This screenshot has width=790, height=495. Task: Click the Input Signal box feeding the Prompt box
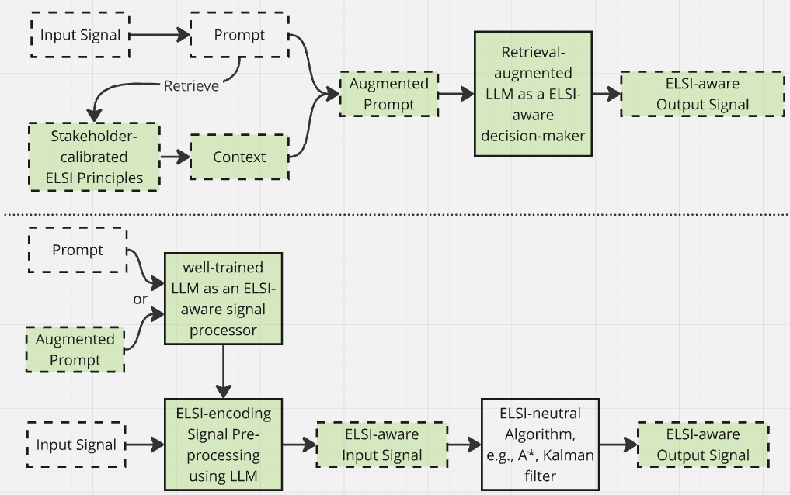[80, 35]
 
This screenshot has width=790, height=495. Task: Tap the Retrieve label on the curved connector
[191, 85]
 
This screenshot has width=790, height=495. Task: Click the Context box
[239, 157]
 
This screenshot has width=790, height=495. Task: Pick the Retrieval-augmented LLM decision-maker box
[533, 93]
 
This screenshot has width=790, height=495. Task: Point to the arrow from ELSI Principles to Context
[176, 157]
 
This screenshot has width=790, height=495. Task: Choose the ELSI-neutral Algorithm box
[540, 445]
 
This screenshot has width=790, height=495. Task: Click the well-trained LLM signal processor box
[223, 299]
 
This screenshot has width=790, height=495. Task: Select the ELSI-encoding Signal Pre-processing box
[223, 445]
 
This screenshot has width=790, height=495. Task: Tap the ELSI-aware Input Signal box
[381, 445]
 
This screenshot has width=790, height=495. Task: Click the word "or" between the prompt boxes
[140, 298]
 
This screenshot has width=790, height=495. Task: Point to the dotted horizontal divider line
[395, 215]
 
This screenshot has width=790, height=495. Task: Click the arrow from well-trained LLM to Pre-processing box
[223, 371]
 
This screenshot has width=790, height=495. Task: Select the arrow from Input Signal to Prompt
[160, 35]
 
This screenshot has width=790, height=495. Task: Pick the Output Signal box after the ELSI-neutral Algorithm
[702, 445]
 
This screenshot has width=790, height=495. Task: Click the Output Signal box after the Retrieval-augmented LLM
[702, 94]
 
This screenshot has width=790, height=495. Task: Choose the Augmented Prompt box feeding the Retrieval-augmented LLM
[388, 94]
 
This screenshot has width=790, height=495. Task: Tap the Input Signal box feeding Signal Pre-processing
[76, 445]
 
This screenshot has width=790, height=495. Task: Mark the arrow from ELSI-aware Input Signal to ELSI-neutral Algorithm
[464, 445]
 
